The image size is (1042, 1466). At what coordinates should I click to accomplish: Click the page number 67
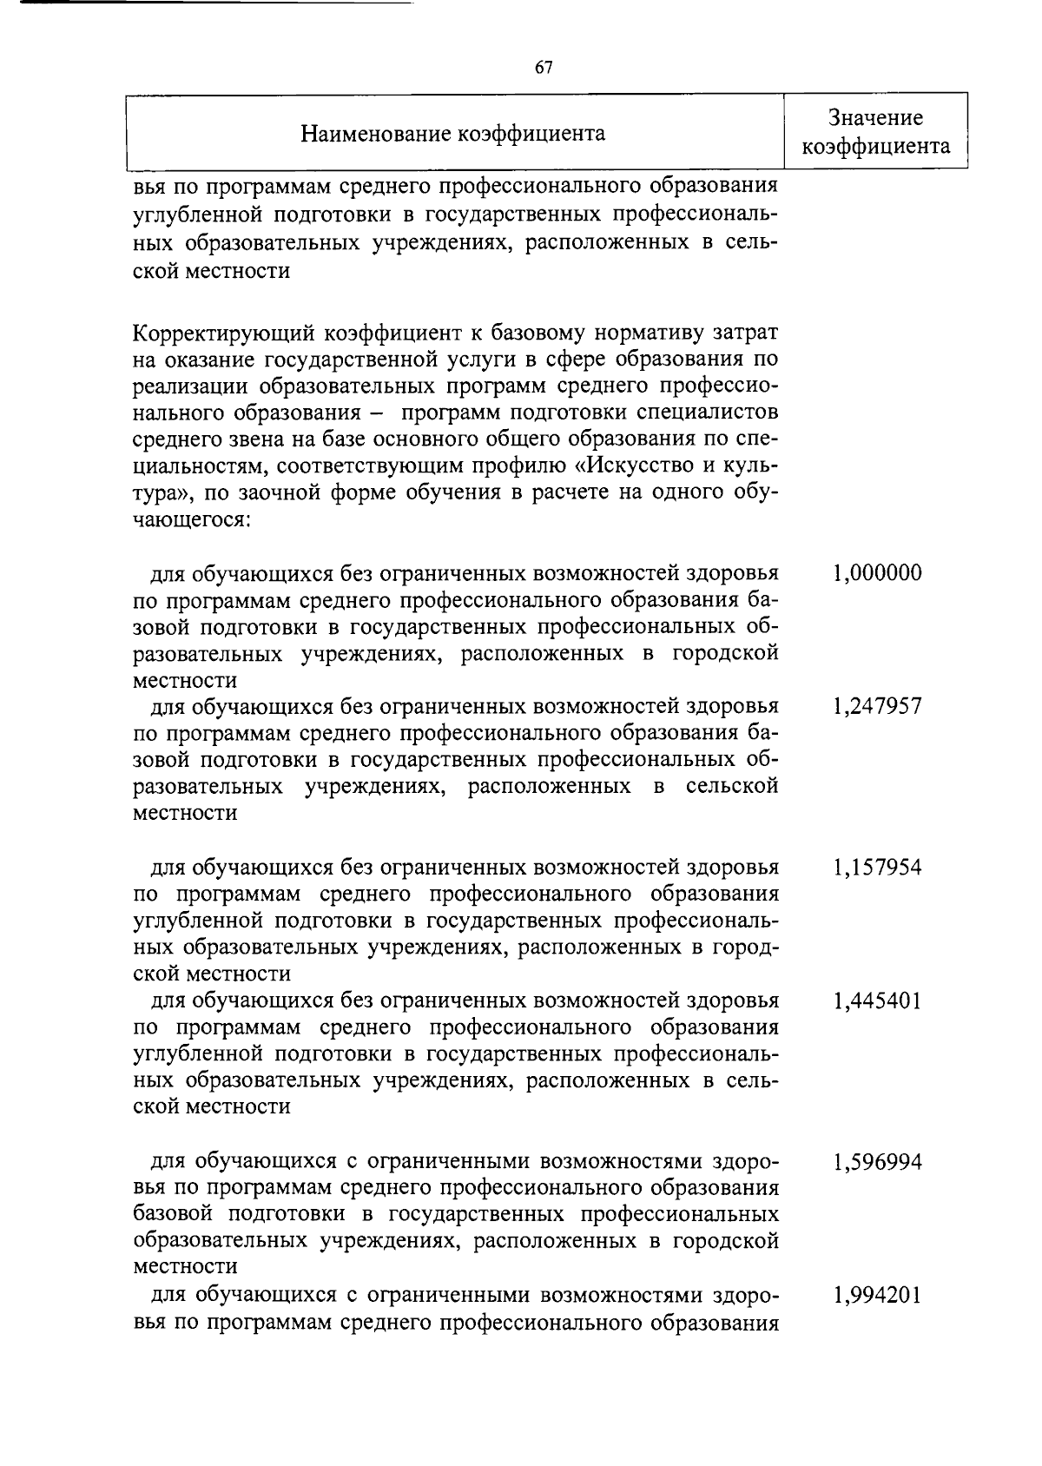pyautogui.click(x=544, y=69)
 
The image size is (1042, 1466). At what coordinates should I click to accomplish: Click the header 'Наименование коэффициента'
pyautogui.click(x=452, y=133)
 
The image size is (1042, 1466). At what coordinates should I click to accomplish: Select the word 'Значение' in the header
pyautogui.click(x=875, y=118)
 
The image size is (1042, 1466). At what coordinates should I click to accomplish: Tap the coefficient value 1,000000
pyautogui.click(x=877, y=573)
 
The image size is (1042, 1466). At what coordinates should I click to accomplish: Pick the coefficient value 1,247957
pyautogui.click(x=877, y=706)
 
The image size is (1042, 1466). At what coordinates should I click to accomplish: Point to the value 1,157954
pyautogui.click(x=877, y=867)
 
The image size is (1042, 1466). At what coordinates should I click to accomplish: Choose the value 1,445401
pyautogui.click(x=877, y=1000)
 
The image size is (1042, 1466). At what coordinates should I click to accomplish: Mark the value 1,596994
pyautogui.click(x=877, y=1161)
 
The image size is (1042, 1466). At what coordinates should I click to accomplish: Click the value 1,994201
pyautogui.click(x=877, y=1295)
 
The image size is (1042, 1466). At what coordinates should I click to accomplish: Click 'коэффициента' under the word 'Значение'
pyautogui.click(x=875, y=147)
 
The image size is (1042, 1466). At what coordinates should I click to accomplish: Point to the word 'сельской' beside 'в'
pyautogui.click(x=731, y=786)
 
